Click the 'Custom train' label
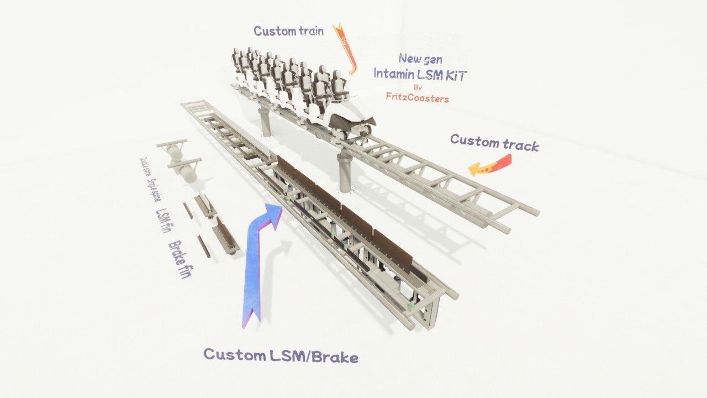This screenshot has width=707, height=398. tap(288, 31)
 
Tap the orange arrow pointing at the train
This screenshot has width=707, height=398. tap(347, 50)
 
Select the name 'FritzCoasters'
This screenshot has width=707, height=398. tap(417, 98)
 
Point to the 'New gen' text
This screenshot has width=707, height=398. tap(420, 58)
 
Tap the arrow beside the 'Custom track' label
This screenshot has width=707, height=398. tap(490, 164)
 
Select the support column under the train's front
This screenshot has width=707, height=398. tap(346, 171)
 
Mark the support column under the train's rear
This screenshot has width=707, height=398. tap(265, 122)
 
